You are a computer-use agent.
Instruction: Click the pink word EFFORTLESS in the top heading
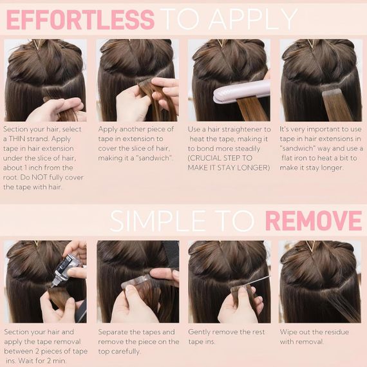tap(80, 20)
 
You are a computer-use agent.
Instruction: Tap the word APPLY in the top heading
tap(253, 19)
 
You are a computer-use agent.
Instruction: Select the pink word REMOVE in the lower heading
tap(314, 220)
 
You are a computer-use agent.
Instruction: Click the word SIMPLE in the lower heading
tap(158, 221)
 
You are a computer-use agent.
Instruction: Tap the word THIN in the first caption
tap(17, 139)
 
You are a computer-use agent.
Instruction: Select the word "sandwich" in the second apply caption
tap(154, 158)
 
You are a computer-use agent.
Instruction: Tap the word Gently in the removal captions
tap(199, 332)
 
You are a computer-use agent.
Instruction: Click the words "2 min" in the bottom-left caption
tap(55, 361)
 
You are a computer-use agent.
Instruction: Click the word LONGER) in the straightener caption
tap(254, 168)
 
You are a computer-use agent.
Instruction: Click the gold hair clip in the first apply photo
tap(37, 44)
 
